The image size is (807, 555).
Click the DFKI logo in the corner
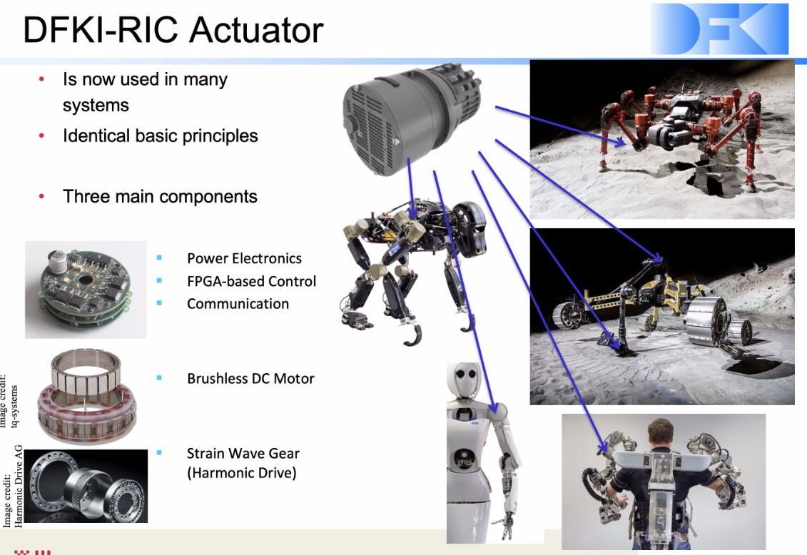point(719,29)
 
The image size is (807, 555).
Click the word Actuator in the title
point(256,30)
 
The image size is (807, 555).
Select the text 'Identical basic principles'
point(160,136)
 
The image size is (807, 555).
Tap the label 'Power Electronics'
point(244,258)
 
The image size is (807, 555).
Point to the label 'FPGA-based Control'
point(251,281)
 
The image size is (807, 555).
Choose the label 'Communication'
point(238,304)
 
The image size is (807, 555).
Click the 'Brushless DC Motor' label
point(250,379)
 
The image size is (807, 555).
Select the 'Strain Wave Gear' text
point(243,453)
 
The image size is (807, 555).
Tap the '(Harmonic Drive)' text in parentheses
point(241,473)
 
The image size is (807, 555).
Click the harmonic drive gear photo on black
point(86,486)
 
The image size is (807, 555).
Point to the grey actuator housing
point(412,119)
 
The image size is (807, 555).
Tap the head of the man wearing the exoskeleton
point(660,434)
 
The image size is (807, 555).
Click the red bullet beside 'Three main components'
point(41,196)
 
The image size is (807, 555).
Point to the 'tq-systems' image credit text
point(14,407)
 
